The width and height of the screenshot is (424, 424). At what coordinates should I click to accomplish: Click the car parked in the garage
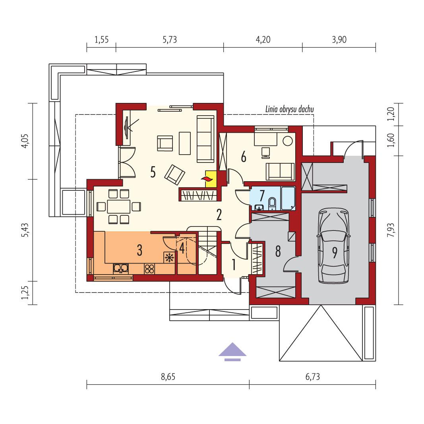pyautogui.click(x=334, y=247)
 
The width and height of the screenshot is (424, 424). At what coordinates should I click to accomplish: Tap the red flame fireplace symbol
pyautogui.click(x=208, y=179)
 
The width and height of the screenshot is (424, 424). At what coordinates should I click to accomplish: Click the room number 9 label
pyautogui.click(x=335, y=253)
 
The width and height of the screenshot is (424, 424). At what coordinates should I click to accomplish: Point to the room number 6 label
pyautogui.click(x=243, y=157)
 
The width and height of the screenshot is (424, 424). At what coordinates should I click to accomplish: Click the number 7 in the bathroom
pyautogui.click(x=261, y=196)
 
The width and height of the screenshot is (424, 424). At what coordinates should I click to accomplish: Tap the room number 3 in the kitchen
pyautogui.click(x=139, y=250)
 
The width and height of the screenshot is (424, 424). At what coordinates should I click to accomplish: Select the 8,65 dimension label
pyautogui.click(x=168, y=377)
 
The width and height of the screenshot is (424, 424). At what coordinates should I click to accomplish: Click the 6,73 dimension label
pyautogui.click(x=313, y=377)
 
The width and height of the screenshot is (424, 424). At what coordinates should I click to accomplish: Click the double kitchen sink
pyautogui.click(x=120, y=269)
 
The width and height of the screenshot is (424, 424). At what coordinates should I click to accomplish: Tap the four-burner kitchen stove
pyautogui.click(x=149, y=269)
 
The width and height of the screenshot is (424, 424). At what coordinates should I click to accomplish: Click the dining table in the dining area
pyautogui.click(x=118, y=206)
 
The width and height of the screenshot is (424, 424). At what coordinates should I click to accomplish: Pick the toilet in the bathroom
pyautogui.click(x=273, y=203)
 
